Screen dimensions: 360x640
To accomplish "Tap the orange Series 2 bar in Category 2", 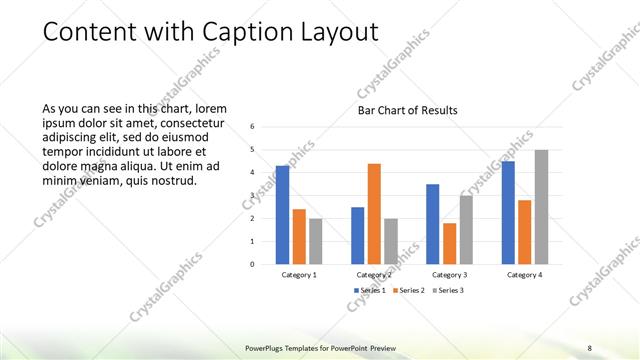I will click(374, 214).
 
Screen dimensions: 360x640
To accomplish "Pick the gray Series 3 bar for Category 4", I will click(541, 207).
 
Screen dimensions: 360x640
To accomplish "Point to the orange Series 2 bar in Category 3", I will click(449, 243).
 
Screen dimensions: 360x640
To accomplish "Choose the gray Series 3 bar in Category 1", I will click(316, 241).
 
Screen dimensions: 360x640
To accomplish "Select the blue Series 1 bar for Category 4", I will click(508, 212).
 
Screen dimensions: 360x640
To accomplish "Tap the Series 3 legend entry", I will click(448, 290).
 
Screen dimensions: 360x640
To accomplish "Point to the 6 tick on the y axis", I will click(253, 127).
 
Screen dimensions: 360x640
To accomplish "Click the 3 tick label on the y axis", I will click(253, 196).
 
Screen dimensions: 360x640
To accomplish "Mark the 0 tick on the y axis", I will click(253, 265).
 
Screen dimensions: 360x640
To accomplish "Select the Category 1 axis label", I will click(299, 275).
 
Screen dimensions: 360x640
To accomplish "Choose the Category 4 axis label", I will click(524, 275).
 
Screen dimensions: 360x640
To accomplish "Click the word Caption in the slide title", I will click(244, 32).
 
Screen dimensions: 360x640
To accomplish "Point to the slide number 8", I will click(589, 347).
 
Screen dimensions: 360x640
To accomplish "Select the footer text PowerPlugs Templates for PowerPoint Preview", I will click(319, 347).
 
